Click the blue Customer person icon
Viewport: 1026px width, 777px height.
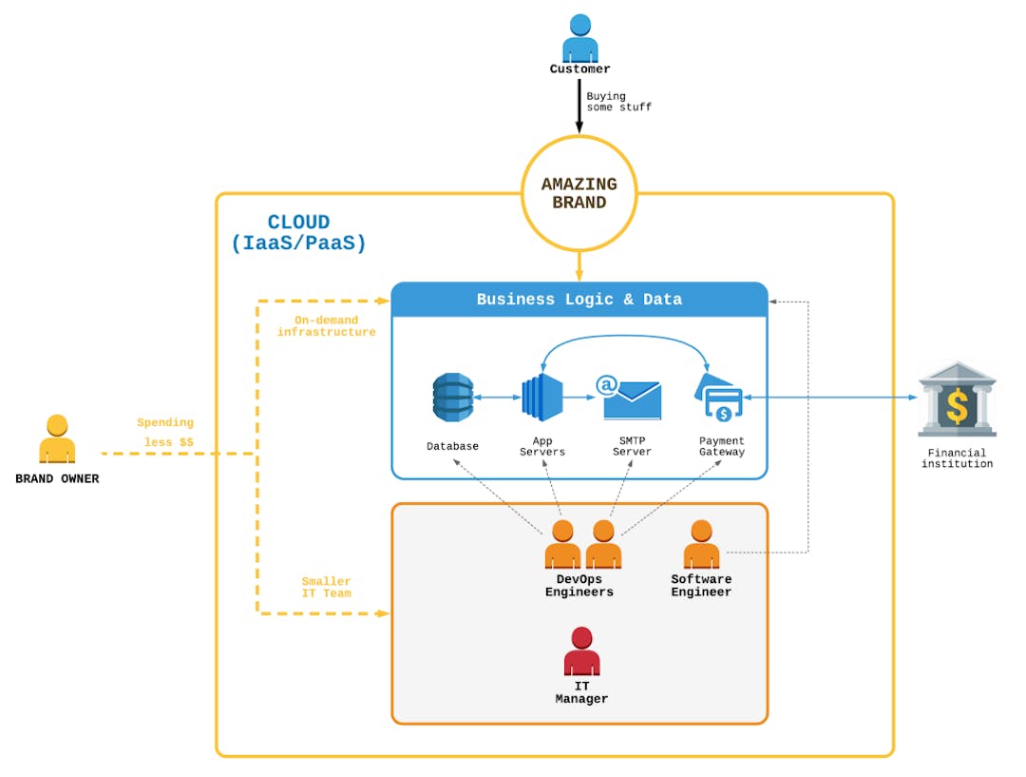[579, 39]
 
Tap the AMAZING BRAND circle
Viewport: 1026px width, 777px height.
[579, 193]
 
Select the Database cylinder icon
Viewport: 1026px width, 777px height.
[452, 398]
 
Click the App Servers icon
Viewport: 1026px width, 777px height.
[542, 398]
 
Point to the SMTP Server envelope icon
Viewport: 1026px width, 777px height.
[631, 398]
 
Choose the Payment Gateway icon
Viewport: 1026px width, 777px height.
[721, 398]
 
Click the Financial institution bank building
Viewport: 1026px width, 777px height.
[957, 399]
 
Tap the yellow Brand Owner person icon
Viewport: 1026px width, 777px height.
[57, 439]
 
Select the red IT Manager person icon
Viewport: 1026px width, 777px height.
[581, 651]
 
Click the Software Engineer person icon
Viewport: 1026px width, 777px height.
[701, 545]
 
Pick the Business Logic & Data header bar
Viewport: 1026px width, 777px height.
[579, 299]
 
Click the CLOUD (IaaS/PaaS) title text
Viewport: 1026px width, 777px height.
[298, 233]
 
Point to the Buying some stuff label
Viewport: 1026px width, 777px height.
[618, 102]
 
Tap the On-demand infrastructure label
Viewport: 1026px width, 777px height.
[326, 326]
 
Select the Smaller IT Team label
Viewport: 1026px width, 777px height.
[326, 587]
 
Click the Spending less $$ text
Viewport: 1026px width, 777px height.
[165, 433]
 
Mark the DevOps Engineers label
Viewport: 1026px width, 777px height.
[579, 586]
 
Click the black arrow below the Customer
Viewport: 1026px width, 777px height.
[579, 107]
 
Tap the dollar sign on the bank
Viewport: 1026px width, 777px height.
[958, 407]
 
